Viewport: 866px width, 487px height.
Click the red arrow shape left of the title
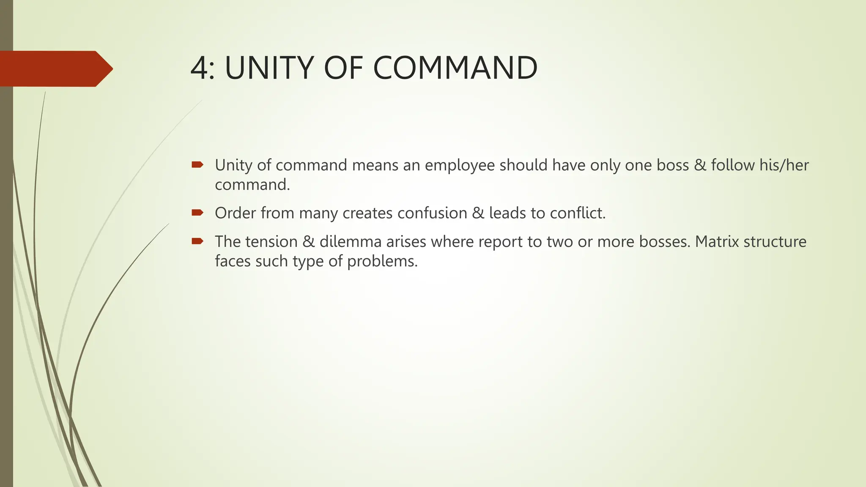[55, 68]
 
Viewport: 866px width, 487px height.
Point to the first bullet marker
[197, 164]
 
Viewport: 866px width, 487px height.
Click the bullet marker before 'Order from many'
[197, 212]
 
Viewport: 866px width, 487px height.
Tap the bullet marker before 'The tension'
[197, 241]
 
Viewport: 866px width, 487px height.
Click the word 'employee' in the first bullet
[460, 165]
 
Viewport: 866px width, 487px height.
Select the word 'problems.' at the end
[382, 261]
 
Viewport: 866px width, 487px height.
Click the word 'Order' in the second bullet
[235, 213]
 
